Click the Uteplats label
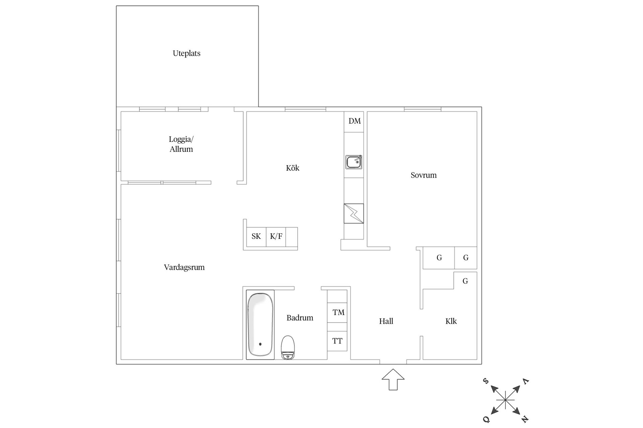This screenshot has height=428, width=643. click(187, 53)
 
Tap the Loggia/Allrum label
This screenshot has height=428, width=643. click(181, 144)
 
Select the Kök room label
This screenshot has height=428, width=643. click(293, 168)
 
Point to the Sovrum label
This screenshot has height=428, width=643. click(424, 175)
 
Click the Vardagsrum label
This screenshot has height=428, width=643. click(184, 267)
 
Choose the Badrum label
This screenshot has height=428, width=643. click(300, 318)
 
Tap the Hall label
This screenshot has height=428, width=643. click(386, 321)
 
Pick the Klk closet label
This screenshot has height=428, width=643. click(451, 321)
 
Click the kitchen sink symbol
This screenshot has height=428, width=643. click(354, 162)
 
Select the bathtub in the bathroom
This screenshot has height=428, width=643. click(260, 325)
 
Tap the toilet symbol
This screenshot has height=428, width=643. click(288, 347)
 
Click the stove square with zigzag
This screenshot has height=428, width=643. click(354, 214)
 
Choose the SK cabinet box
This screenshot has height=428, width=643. click(256, 237)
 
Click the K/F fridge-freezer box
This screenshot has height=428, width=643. click(276, 237)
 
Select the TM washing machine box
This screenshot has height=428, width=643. click(337, 313)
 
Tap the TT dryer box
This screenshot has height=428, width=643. click(337, 341)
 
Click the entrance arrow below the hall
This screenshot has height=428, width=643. click(393, 379)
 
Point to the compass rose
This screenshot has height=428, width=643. click(505, 400)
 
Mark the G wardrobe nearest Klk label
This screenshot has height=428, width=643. click(465, 281)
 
